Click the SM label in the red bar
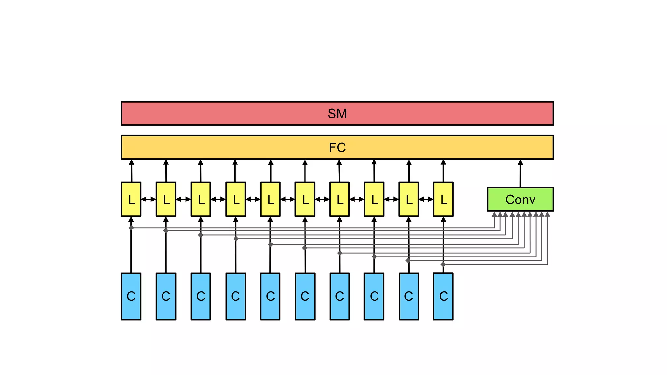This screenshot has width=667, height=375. coord(337,114)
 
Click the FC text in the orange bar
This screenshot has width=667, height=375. coord(337,147)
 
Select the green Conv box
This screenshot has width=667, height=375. coord(520,199)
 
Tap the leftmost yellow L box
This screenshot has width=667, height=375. coord(131,199)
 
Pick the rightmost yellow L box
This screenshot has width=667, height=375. coord(443,199)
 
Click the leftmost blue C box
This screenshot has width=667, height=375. coord(131,296)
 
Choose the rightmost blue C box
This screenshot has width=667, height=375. coord(443,296)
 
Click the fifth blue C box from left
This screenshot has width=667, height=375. coord(270,296)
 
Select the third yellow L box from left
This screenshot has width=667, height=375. coord(201,199)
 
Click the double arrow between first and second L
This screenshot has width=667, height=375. coord(149,199)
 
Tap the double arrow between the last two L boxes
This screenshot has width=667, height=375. coord(426,199)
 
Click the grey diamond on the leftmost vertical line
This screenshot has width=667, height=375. coord(131,228)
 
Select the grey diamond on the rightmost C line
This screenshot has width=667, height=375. coord(443,264)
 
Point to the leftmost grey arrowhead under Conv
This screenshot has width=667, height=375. coord(494,214)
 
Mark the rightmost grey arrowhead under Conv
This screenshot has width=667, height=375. coord(547,214)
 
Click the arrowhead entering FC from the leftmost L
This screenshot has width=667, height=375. coord(131,162)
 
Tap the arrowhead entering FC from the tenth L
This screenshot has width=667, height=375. coord(443,162)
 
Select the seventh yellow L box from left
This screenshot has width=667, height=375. coord(339,199)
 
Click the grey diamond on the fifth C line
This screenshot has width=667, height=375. coord(270,244)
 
